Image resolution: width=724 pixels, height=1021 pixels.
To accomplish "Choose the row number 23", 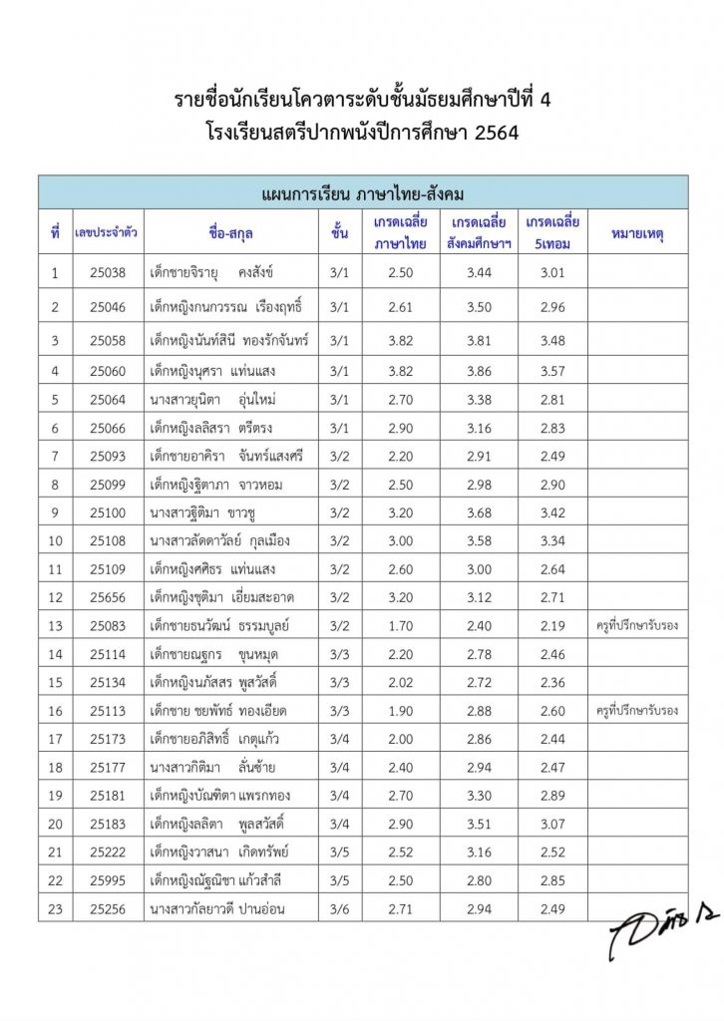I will point(55,908).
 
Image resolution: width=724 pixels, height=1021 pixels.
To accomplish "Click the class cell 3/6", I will point(339,908).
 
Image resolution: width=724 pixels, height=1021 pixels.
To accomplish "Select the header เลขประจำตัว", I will point(107,234).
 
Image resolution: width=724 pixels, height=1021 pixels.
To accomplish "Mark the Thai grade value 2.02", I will point(400,682).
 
